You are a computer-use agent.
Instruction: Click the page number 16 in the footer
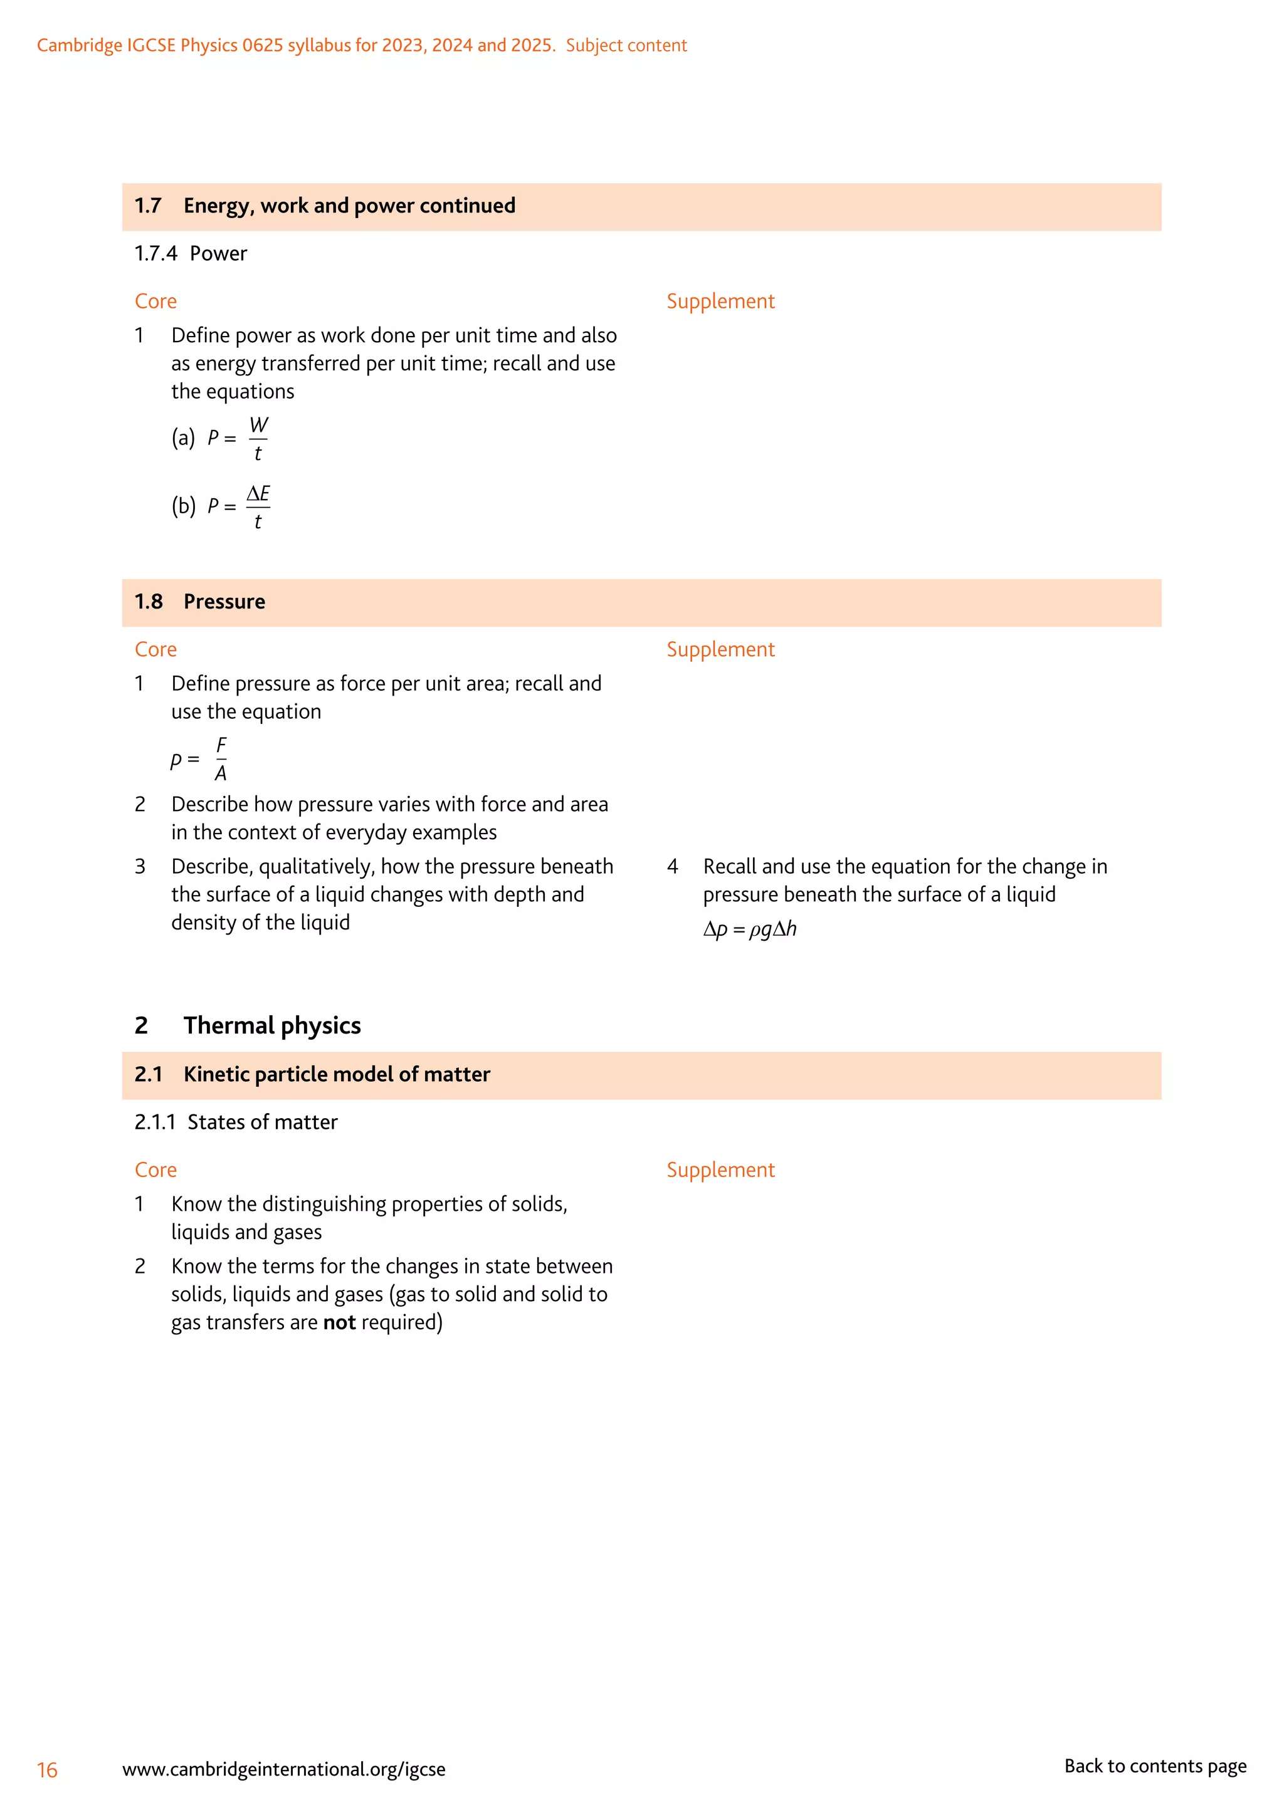(x=48, y=1769)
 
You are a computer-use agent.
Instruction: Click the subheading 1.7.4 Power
(x=191, y=254)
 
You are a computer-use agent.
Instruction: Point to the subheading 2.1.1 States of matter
(x=236, y=1122)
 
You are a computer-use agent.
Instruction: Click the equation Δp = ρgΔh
(x=750, y=929)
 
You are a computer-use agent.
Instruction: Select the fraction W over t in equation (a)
(x=258, y=439)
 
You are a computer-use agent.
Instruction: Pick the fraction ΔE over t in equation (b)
(x=258, y=507)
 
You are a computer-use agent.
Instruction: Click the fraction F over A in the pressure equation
(x=221, y=760)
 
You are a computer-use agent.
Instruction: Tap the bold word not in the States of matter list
(x=339, y=1322)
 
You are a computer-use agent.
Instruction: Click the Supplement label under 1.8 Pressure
(x=720, y=649)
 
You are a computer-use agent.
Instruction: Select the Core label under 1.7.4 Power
(x=155, y=301)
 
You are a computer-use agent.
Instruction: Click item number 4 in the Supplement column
(x=673, y=866)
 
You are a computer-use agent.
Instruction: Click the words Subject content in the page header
(x=626, y=46)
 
